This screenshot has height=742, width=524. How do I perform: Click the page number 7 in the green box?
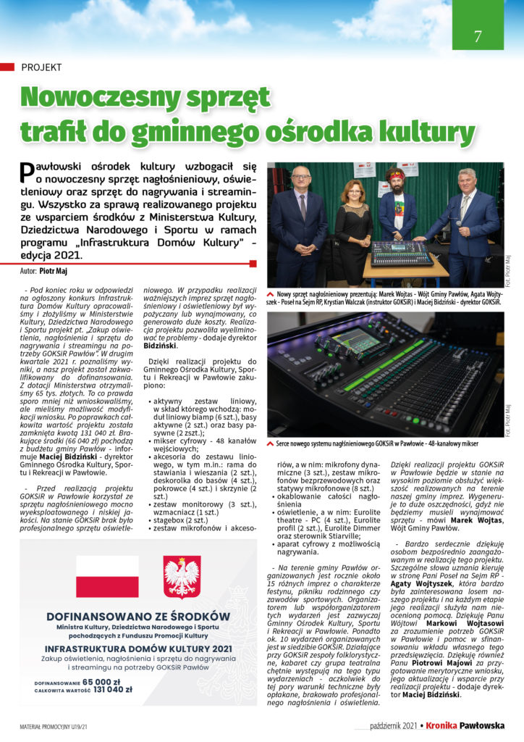tap(478, 36)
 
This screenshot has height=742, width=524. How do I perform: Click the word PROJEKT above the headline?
tap(41, 67)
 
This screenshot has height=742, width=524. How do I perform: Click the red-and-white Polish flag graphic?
tap(107, 576)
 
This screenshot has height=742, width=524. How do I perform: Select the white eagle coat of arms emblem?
tap(182, 576)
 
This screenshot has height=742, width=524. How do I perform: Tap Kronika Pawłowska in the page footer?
tap(475, 725)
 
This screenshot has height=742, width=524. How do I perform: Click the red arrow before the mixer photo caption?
tap(271, 442)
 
